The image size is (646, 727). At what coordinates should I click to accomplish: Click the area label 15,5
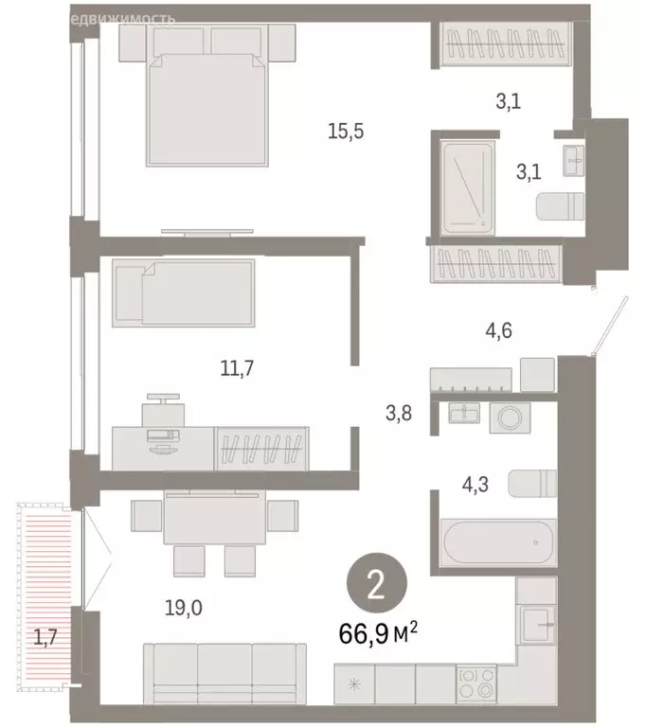pos(346,132)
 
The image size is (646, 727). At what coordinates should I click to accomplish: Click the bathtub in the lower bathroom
pos(496,541)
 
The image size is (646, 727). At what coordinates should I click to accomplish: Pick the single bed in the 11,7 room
pos(183,293)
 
